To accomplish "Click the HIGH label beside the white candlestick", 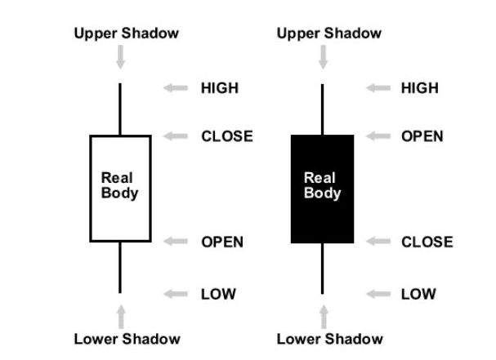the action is point(220,88).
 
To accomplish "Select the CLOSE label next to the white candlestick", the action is point(227,136).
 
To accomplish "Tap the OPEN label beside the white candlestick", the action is point(222,242).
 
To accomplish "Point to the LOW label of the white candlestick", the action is point(218,294).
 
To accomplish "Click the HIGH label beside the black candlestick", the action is point(420,88).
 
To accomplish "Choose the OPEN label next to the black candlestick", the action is point(422,136).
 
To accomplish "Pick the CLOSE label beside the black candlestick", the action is point(427,242).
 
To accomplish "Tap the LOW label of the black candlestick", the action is point(418,294).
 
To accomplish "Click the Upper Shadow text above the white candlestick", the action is point(126,33).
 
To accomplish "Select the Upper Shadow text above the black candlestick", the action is point(329,33).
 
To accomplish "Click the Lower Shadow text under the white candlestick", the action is point(127,339).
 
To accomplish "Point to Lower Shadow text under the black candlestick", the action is point(329,339).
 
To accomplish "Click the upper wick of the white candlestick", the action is point(120,109).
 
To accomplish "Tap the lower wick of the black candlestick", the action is point(322,269).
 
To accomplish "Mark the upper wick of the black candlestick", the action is point(322,109).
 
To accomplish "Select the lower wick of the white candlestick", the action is point(120,268).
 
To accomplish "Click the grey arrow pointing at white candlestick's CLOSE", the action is point(176,136).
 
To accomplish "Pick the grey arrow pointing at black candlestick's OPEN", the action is point(378,136).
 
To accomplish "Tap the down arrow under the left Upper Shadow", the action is point(120,57).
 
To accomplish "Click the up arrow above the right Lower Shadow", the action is point(324,317).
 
